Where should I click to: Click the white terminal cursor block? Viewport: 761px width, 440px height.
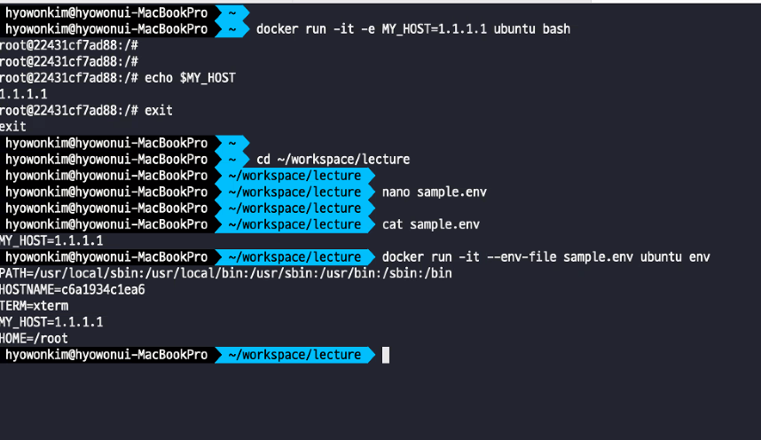(x=385, y=355)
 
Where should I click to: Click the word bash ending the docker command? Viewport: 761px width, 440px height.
(x=556, y=29)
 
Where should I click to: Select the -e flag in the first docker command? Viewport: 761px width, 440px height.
(x=368, y=29)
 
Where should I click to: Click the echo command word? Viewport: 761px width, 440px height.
(x=159, y=78)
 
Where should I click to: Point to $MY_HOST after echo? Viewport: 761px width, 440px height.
(x=208, y=78)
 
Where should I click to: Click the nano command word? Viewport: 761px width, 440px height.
(x=396, y=192)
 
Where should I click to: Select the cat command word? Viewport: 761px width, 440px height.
(x=393, y=224)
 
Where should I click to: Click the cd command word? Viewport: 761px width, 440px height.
(x=263, y=160)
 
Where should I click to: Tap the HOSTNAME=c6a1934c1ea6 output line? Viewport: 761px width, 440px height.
(x=73, y=289)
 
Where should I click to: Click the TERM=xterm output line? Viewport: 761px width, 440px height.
(x=34, y=306)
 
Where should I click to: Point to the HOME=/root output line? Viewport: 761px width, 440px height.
(x=34, y=339)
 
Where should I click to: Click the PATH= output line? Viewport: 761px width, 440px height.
(x=225, y=273)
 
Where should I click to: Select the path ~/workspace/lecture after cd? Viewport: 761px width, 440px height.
(x=343, y=160)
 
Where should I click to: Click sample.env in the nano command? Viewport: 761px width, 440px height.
(x=451, y=192)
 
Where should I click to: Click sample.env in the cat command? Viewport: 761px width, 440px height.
(x=444, y=224)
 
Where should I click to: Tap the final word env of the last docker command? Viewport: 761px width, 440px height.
(x=700, y=257)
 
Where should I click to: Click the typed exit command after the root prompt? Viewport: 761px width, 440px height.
(x=159, y=110)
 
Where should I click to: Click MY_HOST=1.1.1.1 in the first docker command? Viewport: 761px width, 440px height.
(x=435, y=29)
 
